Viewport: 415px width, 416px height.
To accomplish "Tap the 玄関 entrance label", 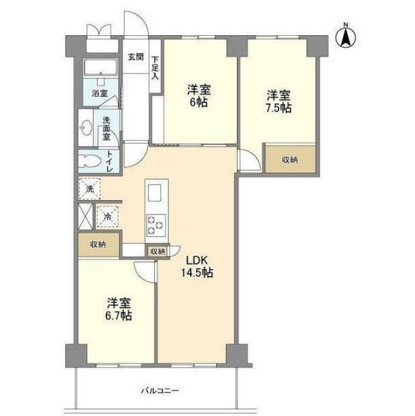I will [x=135, y=57].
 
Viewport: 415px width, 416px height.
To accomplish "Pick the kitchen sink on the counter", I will [x=155, y=194].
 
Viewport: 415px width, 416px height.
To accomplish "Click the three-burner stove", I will [x=155, y=224].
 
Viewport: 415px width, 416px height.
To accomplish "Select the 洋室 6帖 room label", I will [x=199, y=96].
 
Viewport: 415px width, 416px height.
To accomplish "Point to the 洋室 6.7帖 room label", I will [x=118, y=309].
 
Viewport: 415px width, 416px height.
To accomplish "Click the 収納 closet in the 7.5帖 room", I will [x=290, y=159].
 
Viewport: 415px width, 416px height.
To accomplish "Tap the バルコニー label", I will [x=158, y=391].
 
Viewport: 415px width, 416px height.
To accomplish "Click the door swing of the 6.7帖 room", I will [x=144, y=271].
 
